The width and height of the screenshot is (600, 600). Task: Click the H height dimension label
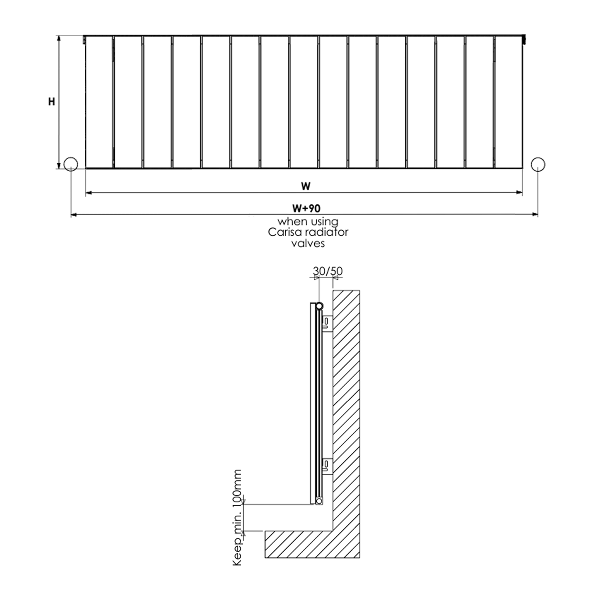tap(52, 102)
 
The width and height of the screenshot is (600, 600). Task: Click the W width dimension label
tap(306, 186)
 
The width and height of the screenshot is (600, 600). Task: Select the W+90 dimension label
tap(306, 208)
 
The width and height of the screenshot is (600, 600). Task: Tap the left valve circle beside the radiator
tap(71, 164)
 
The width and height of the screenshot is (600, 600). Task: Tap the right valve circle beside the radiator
tap(538, 164)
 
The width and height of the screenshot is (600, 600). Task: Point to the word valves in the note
tap(308, 243)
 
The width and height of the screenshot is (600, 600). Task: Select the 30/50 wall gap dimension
tap(328, 271)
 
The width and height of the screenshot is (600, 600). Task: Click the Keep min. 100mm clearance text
tap(238, 518)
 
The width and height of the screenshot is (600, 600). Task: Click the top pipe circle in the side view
tap(319, 306)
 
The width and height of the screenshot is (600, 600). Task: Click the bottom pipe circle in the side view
tap(319, 501)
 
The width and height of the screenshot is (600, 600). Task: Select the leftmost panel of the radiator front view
tap(99, 102)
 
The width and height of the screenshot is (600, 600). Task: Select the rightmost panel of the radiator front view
tap(508, 102)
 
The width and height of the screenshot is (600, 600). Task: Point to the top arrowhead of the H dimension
tap(59, 38)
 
